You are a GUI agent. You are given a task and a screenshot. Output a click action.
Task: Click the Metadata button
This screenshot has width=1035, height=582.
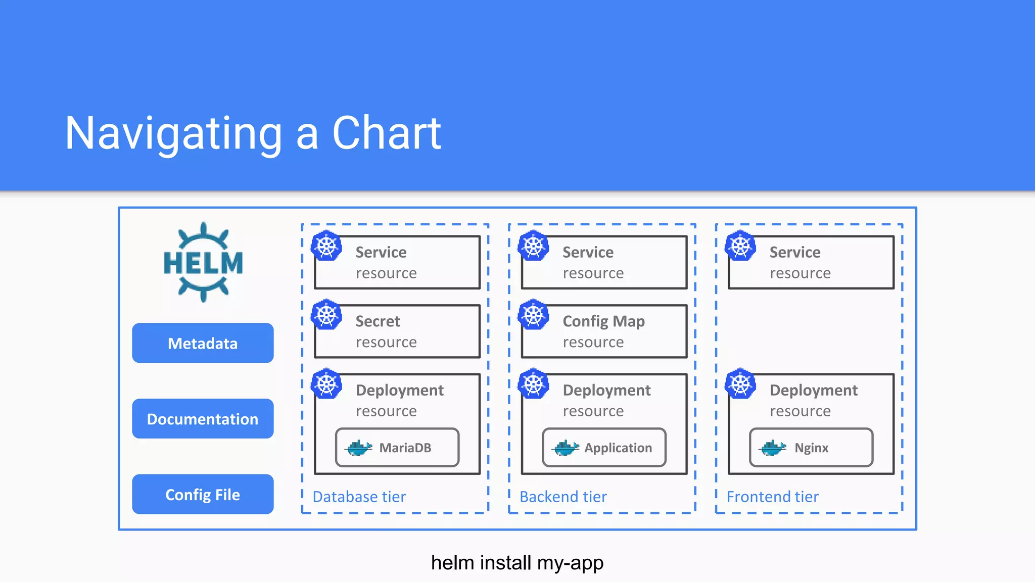pyautogui.click(x=203, y=343)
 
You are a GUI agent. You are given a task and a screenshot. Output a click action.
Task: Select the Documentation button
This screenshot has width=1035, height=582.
pyautogui.click(x=203, y=419)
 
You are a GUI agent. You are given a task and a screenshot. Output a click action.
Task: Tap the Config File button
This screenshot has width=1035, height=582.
pyautogui.click(x=203, y=495)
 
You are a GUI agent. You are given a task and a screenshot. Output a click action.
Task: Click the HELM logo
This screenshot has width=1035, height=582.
pyautogui.click(x=203, y=263)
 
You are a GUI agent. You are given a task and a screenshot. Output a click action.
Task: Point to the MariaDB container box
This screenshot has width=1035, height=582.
pyautogui.click(x=397, y=448)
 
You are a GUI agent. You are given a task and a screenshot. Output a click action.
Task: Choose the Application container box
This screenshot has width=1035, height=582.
pyautogui.click(x=604, y=448)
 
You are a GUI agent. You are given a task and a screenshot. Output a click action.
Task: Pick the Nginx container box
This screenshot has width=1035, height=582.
pyautogui.click(x=811, y=448)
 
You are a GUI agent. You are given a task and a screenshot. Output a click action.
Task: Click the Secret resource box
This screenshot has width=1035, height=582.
pyautogui.click(x=397, y=331)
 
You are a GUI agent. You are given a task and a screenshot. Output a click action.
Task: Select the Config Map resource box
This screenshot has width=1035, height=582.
pyautogui.click(x=604, y=331)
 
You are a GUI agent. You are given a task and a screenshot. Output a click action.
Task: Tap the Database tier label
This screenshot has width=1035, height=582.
pyautogui.click(x=359, y=497)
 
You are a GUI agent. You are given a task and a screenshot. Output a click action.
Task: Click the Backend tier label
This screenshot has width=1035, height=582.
pyautogui.click(x=563, y=497)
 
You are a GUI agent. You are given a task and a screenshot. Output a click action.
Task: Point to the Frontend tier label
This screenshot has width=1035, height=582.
pyautogui.click(x=772, y=497)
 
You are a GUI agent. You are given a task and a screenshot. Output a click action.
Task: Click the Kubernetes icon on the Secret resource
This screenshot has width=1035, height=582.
pyautogui.click(x=326, y=315)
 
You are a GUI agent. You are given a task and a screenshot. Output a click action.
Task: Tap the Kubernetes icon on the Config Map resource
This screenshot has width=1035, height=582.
pyautogui.click(x=534, y=315)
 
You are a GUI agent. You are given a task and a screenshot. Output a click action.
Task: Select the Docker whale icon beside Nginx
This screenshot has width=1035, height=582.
pyautogui.click(x=773, y=448)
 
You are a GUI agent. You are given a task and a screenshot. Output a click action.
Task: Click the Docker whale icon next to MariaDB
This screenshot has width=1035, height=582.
pyautogui.click(x=359, y=448)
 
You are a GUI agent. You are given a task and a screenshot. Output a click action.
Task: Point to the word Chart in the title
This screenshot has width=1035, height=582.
pyautogui.click(x=387, y=133)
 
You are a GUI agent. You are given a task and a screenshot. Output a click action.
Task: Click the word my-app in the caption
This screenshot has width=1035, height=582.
pyautogui.click(x=570, y=563)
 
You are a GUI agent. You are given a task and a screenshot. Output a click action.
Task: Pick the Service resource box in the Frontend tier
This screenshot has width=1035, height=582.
pyautogui.click(x=811, y=262)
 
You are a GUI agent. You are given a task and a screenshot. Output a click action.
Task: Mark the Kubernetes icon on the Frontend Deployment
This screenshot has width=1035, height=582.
pyautogui.click(x=740, y=384)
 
